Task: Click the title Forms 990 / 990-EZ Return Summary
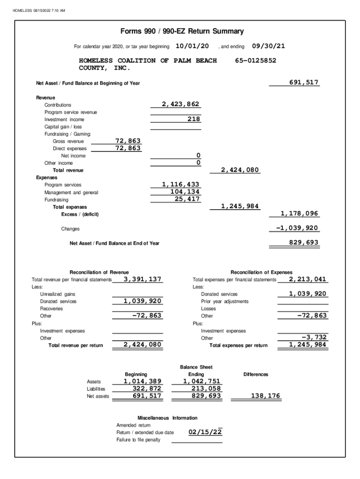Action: click(x=182, y=31)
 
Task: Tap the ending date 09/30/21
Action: click(x=268, y=46)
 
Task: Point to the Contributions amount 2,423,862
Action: click(x=180, y=104)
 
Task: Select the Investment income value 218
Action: click(x=194, y=119)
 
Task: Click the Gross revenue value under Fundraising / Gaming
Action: click(x=128, y=141)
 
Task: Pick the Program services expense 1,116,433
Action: click(x=180, y=184)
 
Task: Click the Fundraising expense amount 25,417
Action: click(x=187, y=199)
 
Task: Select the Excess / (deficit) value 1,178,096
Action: click(x=299, y=213)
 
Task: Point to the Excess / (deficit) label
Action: click(x=80, y=214)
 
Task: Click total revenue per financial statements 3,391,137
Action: click(x=143, y=279)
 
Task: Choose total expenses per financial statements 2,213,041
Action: click(x=308, y=279)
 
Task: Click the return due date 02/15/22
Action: click(x=205, y=432)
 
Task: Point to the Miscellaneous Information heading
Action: click(x=167, y=418)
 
